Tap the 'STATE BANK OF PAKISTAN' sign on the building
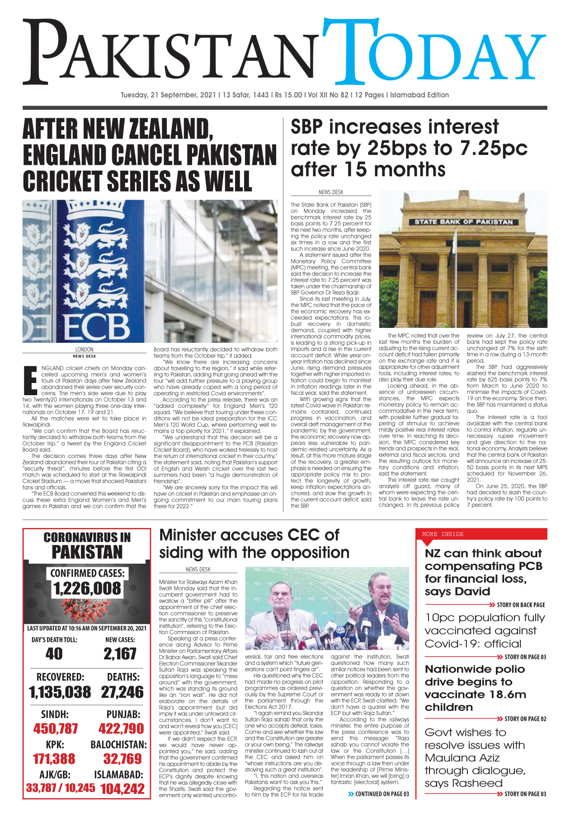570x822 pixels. coord(464,222)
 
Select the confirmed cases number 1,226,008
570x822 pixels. coord(87,588)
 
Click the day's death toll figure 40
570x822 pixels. coord(54,654)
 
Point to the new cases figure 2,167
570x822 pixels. coord(120,654)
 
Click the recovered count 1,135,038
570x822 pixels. coord(60,692)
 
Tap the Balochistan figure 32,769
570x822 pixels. coord(122,759)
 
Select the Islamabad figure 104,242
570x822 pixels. coord(122,789)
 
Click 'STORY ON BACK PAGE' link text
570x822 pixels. coord(520,605)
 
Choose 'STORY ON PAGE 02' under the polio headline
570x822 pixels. coord(525,719)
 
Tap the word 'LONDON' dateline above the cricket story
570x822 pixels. coord(84,350)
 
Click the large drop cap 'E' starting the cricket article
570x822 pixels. coord(30,380)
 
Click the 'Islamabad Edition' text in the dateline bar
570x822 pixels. coord(419,95)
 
